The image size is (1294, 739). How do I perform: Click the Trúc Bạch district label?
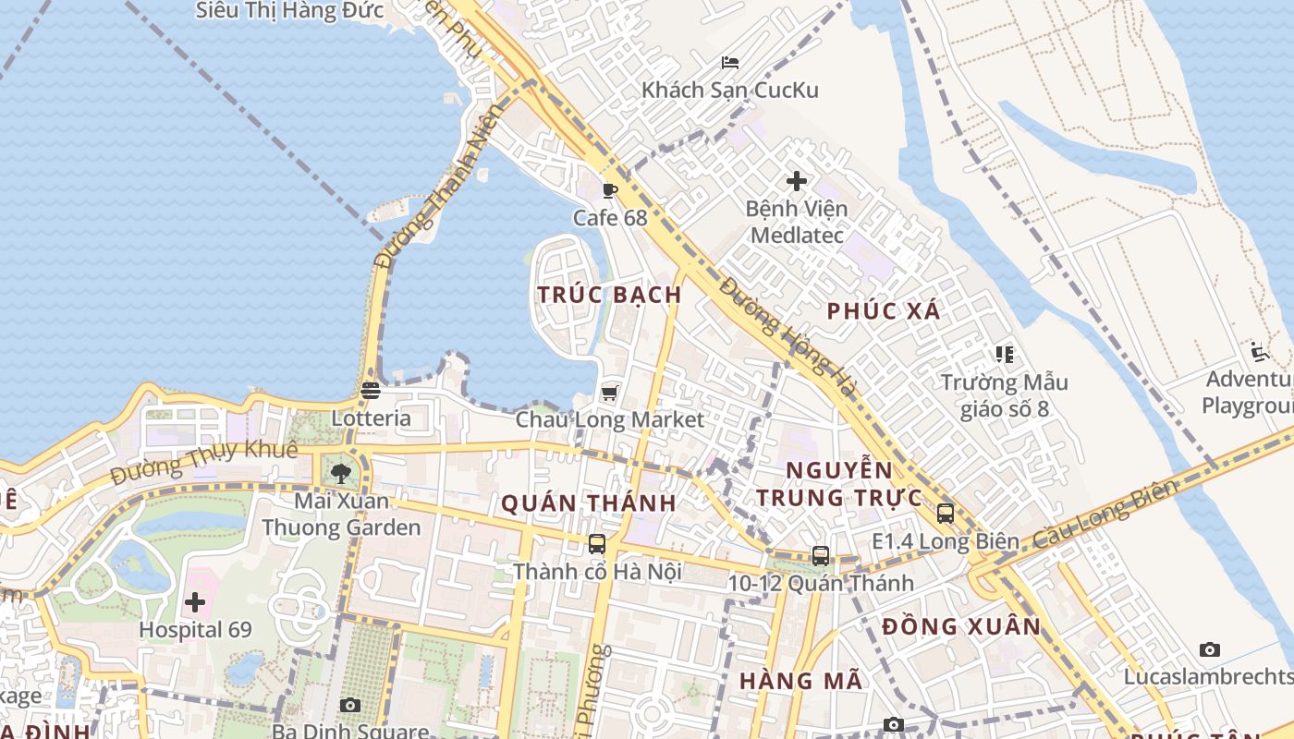pos(610,295)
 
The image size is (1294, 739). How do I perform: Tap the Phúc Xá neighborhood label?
pos(884,311)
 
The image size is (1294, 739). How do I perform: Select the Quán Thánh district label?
pos(589,503)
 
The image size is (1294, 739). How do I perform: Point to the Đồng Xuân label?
pos(961,626)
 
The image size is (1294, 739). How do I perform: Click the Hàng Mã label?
pos(800,682)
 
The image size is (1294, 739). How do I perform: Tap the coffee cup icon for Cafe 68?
pos(609,191)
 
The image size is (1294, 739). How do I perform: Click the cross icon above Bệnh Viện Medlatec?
pos(796,181)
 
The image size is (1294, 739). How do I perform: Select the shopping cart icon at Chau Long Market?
pos(609,394)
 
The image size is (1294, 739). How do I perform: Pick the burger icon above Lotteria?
pos(371,391)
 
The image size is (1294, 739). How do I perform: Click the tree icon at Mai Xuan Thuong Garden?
pos(341,474)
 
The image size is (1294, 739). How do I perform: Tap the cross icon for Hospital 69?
pos(195,603)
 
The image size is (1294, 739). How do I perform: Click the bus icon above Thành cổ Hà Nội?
pos(597,544)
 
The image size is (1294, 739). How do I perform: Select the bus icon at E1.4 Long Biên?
pos(945,514)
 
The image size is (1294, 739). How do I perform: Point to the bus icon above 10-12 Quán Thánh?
pos(820,555)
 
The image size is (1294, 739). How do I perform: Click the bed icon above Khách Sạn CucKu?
pos(730,63)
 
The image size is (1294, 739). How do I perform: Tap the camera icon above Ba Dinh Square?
pos(349,706)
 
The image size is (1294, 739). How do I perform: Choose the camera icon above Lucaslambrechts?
pos(1209,650)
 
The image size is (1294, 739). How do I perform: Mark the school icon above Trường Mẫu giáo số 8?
pos(1005,354)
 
